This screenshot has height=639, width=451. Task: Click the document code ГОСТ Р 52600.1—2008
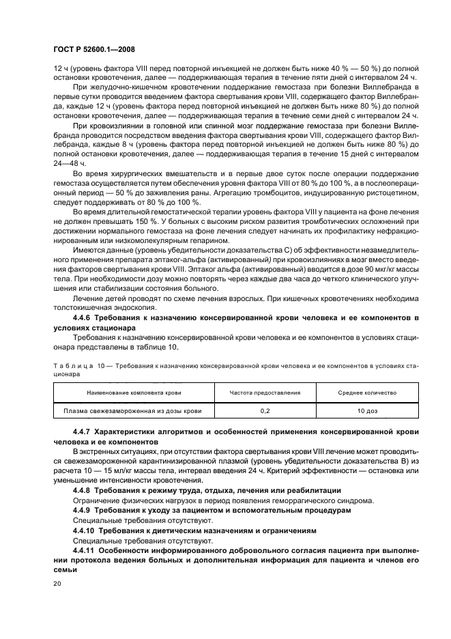(93, 50)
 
